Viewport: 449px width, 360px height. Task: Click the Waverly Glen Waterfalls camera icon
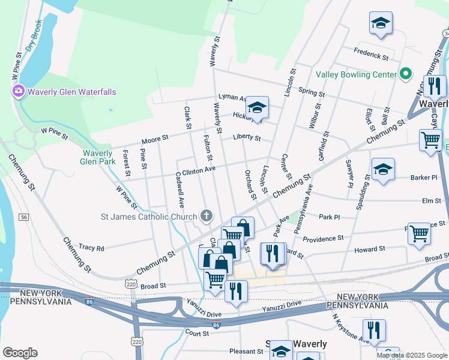(19, 91)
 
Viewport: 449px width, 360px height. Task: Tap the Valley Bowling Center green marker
(406, 74)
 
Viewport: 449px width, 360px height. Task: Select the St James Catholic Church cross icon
(206, 217)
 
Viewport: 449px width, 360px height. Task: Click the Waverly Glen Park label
(98, 157)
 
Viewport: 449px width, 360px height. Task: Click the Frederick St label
(371, 55)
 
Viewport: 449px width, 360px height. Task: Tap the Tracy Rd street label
(91, 248)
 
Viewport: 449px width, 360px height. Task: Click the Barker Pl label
(424, 178)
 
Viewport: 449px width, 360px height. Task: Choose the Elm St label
(432, 201)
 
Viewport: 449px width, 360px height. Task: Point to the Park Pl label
(330, 217)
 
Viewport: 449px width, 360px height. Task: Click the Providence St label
(323, 239)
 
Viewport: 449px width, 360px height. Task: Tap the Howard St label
(370, 249)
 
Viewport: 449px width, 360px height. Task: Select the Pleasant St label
(247, 351)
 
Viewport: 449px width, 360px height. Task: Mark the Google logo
(20, 353)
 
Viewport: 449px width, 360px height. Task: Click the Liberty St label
(247, 138)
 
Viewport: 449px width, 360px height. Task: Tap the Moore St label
(155, 140)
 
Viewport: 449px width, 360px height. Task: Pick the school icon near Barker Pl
(382, 169)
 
